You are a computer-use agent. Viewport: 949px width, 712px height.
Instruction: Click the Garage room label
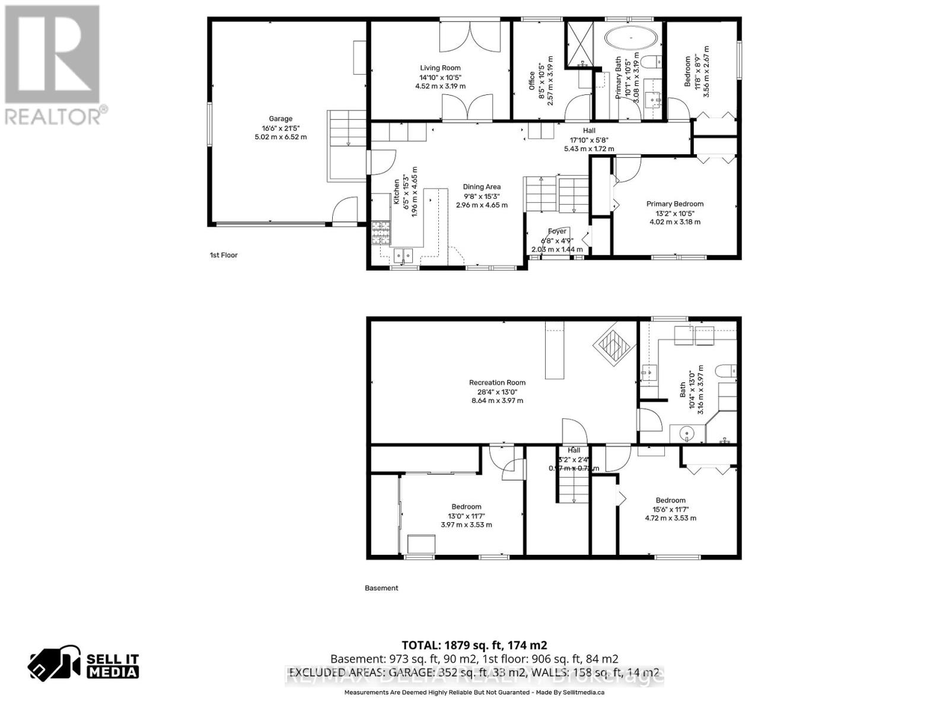pyautogui.click(x=281, y=119)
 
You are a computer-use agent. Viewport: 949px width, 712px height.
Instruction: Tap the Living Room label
pyautogui.click(x=440, y=68)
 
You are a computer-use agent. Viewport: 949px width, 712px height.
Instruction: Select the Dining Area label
pyautogui.click(x=482, y=187)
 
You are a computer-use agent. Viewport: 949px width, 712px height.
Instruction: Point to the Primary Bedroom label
pyautogui.click(x=675, y=204)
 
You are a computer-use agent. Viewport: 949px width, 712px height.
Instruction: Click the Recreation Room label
pyautogui.click(x=497, y=383)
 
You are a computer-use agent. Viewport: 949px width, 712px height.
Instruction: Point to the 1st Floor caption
pyautogui.click(x=224, y=255)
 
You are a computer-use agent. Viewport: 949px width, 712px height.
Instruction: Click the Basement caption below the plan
pyautogui.click(x=381, y=588)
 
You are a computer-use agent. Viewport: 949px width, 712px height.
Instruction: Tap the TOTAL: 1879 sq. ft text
pyautogui.click(x=474, y=645)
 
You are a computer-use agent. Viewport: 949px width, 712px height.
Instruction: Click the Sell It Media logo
pyautogui.click(x=84, y=665)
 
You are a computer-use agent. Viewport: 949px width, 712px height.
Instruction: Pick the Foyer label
pyautogui.click(x=557, y=231)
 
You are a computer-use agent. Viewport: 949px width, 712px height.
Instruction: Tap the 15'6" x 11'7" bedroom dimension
pyautogui.click(x=670, y=509)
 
